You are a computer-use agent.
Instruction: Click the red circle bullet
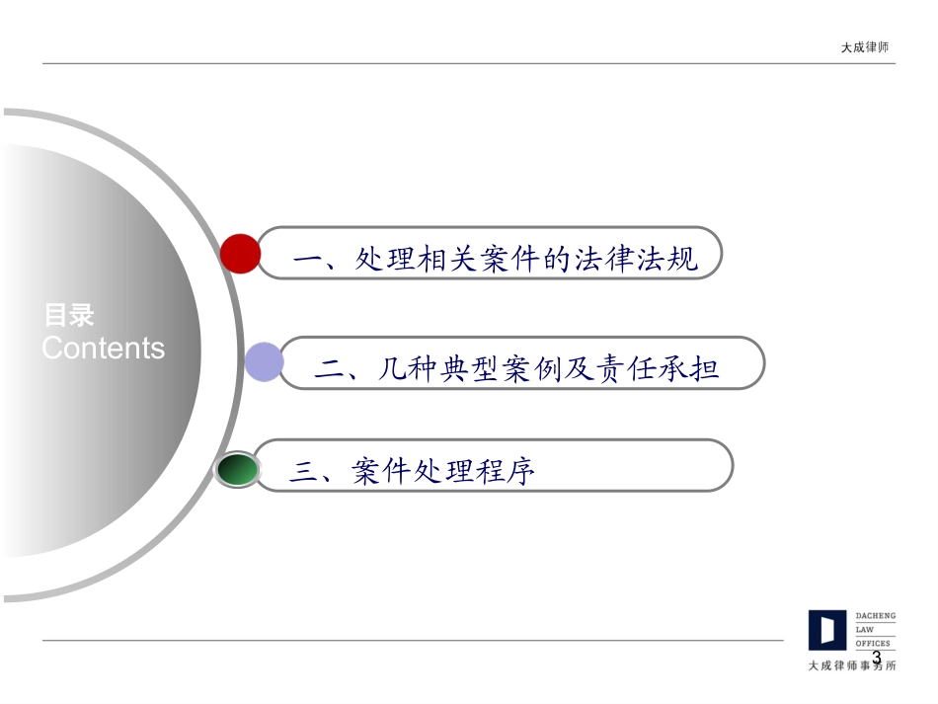click(240, 254)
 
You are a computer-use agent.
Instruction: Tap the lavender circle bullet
click(264, 362)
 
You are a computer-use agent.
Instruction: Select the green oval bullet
click(237, 470)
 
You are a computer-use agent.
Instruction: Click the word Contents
click(104, 348)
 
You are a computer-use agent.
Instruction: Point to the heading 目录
click(68, 316)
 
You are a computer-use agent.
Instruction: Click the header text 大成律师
click(864, 47)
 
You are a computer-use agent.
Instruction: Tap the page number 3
click(876, 656)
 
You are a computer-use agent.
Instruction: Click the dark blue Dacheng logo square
click(827, 630)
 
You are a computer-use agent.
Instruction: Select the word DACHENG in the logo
click(875, 616)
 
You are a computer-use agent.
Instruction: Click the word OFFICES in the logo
click(872, 643)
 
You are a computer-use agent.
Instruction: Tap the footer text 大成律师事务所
click(852, 665)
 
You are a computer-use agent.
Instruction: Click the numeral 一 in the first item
click(310, 260)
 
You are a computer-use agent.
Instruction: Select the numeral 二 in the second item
click(330, 369)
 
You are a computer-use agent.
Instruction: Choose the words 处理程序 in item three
click(475, 473)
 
